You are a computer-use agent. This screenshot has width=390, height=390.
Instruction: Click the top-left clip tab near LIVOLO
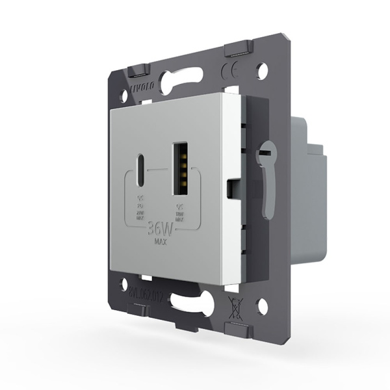coord(136,69)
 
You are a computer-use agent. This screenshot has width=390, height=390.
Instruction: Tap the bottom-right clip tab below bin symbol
coord(238,325)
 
